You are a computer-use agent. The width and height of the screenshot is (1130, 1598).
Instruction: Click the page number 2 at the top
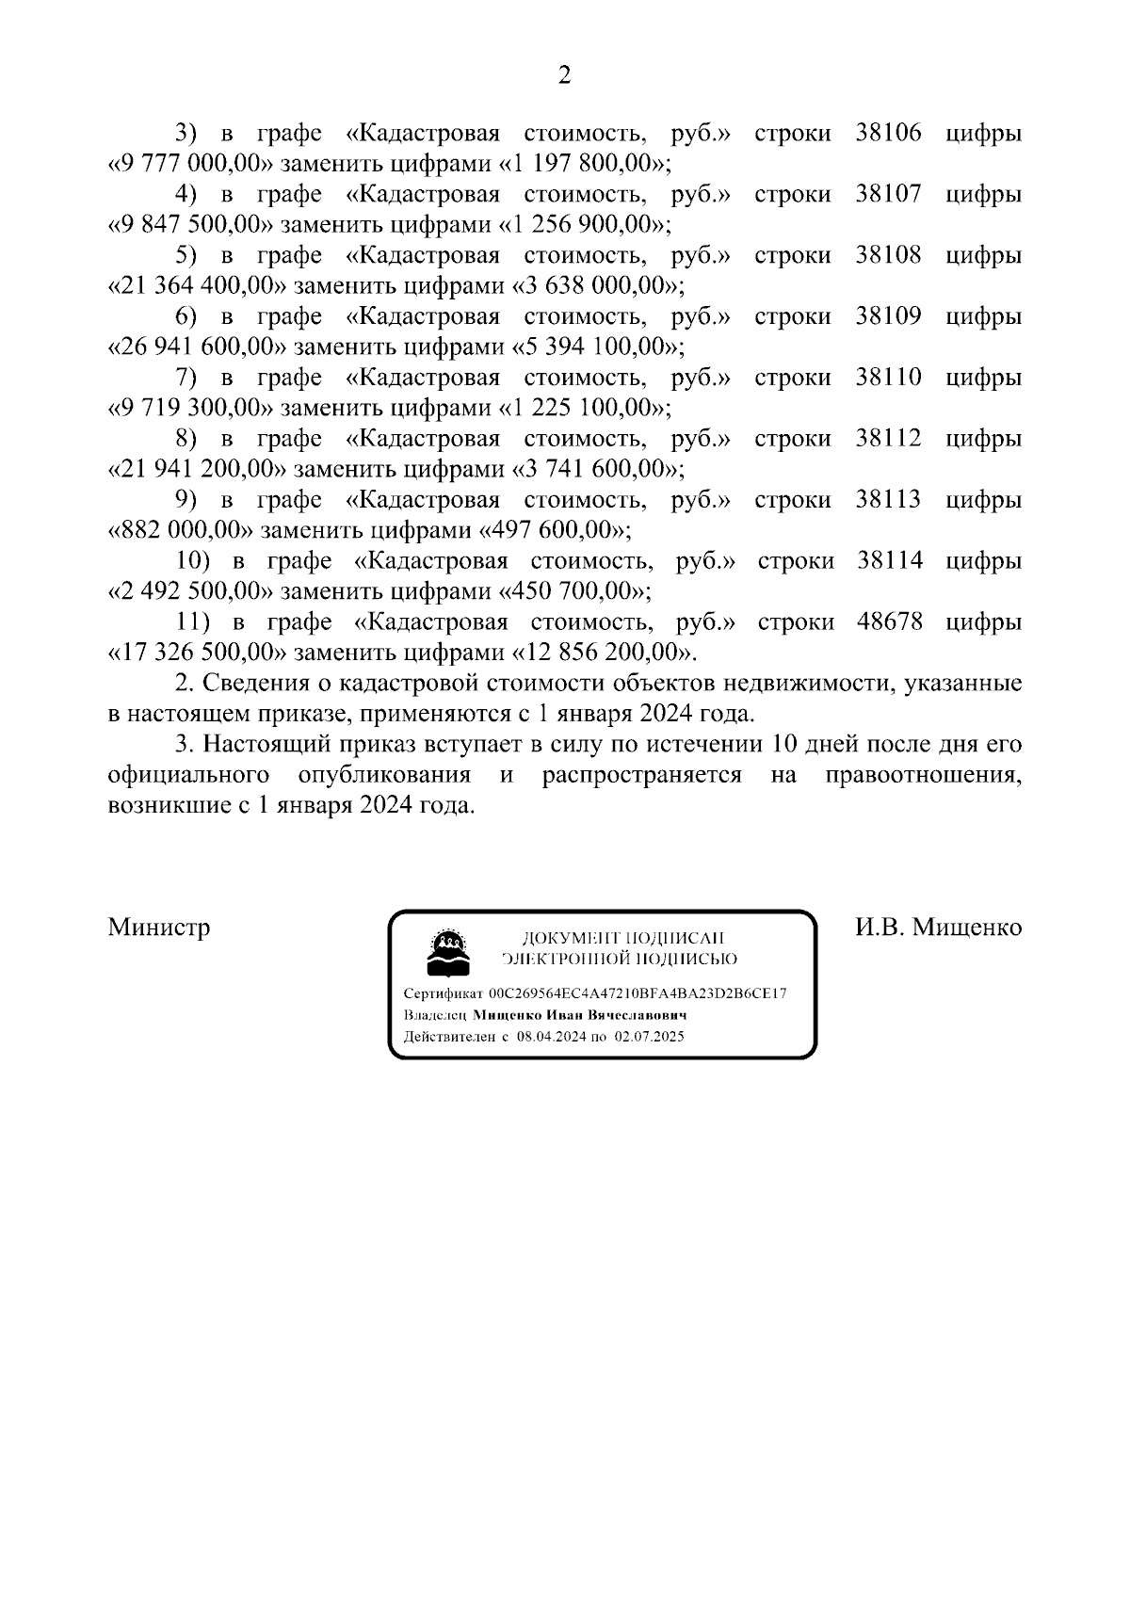coord(564,75)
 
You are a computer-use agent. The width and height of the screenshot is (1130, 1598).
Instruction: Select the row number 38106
coord(888,133)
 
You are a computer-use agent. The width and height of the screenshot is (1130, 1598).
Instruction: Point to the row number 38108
coord(888,255)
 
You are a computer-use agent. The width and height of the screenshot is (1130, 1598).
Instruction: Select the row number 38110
coord(888,378)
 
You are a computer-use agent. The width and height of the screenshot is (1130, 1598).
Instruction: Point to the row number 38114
coord(890,561)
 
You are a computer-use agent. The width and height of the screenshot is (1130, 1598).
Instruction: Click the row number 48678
coord(890,622)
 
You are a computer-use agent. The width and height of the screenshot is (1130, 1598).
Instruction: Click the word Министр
coord(159,928)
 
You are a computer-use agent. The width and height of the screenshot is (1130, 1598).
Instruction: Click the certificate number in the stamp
coord(638,993)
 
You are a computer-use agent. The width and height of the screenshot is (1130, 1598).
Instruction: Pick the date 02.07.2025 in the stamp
coord(649,1037)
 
